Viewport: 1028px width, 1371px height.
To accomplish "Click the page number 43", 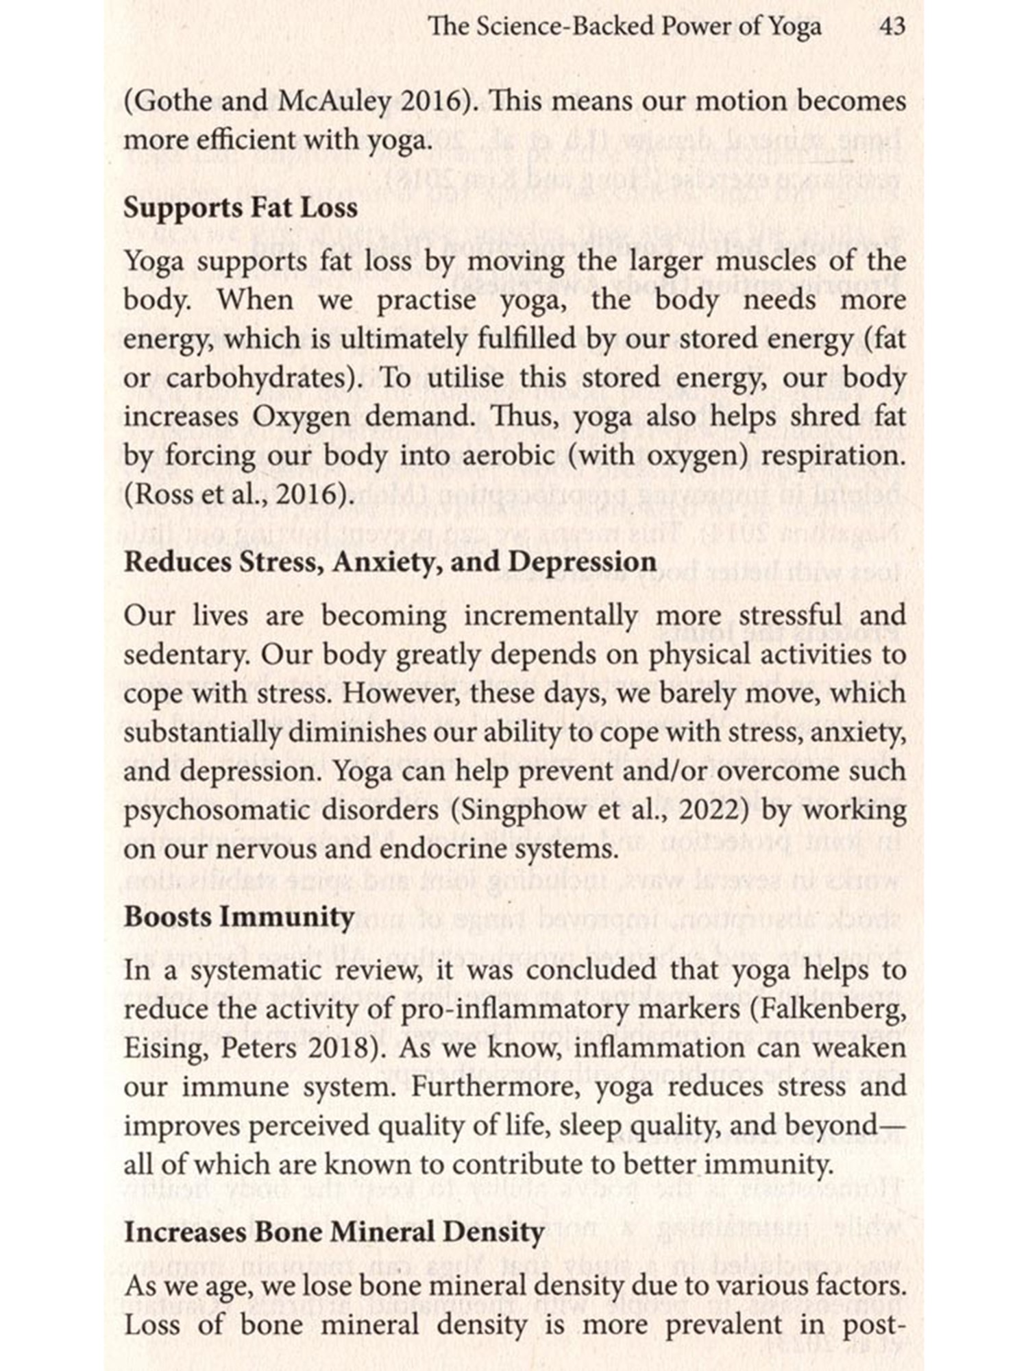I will (892, 27).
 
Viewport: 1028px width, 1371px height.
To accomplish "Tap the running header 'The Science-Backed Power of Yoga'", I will (624, 27).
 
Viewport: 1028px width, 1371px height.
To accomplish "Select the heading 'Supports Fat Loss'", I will (241, 208).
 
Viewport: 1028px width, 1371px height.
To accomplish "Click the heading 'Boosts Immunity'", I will (239, 917).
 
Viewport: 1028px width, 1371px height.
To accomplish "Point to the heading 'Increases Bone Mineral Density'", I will (334, 1232).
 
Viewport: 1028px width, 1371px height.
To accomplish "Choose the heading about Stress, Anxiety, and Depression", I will (390, 562).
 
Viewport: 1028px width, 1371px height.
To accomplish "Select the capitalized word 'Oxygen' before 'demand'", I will (302, 417).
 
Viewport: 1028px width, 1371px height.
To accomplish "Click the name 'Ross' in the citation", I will (154, 494).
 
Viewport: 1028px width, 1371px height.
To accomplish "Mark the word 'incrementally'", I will (550, 616).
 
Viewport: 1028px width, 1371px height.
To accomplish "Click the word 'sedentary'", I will (185, 655).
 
